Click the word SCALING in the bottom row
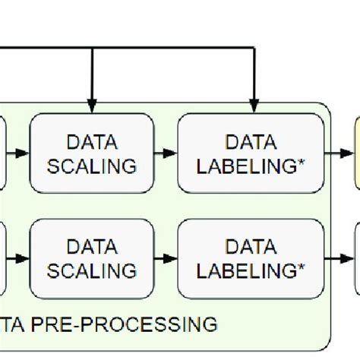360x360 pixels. pyautogui.click(x=92, y=270)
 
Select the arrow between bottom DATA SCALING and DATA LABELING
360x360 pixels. pyautogui.click(x=166, y=258)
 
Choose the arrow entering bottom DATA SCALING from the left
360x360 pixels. pyautogui.click(x=18, y=258)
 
